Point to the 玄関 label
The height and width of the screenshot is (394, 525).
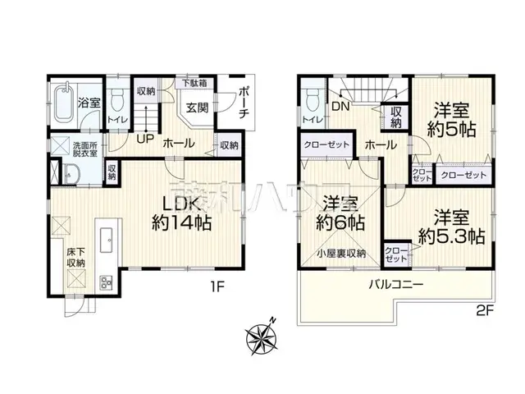click(x=197, y=108)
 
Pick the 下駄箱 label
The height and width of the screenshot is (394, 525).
click(x=194, y=83)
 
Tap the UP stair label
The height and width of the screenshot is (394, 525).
click(x=144, y=138)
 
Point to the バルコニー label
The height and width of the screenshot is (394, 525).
click(x=395, y=285)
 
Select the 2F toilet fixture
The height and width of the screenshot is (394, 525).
click(x=311, y=103)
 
